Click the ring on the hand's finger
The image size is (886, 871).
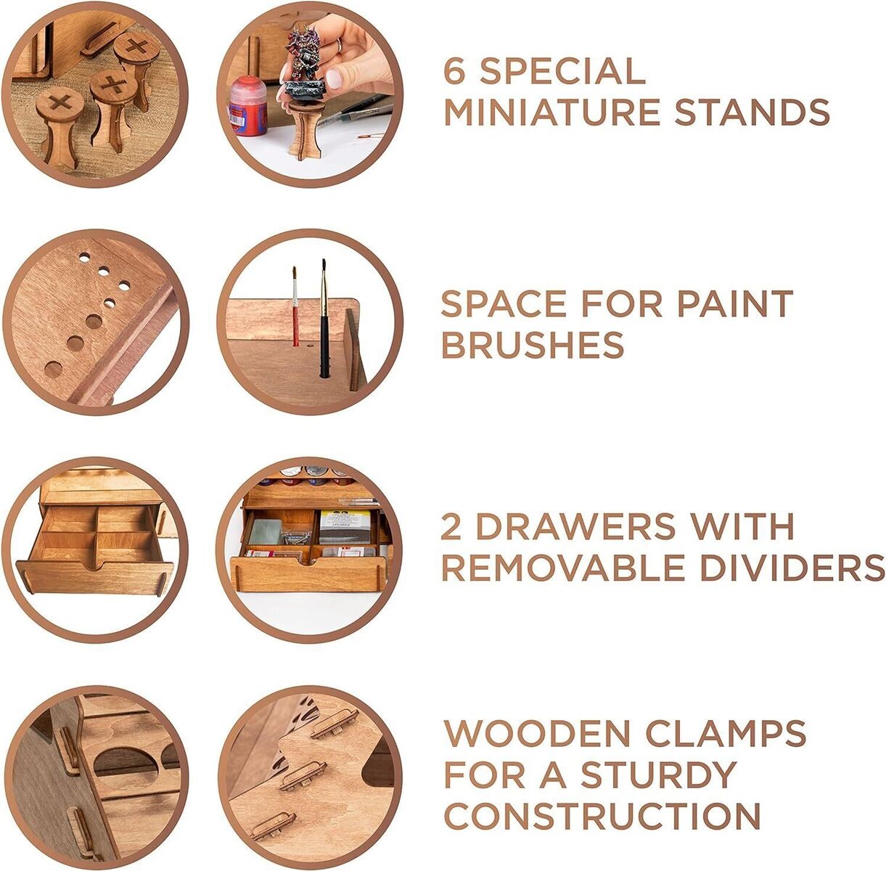338,45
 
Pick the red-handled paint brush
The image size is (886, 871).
295,306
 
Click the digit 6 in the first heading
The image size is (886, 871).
455,70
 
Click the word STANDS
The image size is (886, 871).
752,112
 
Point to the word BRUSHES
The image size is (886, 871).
533,344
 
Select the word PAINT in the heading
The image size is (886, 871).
735,303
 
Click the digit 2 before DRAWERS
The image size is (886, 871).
451,526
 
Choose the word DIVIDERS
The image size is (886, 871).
791,568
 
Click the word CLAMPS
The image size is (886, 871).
726,733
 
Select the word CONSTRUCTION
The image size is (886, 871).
602,817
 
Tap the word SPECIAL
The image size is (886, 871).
563,70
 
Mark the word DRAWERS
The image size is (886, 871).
575,526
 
